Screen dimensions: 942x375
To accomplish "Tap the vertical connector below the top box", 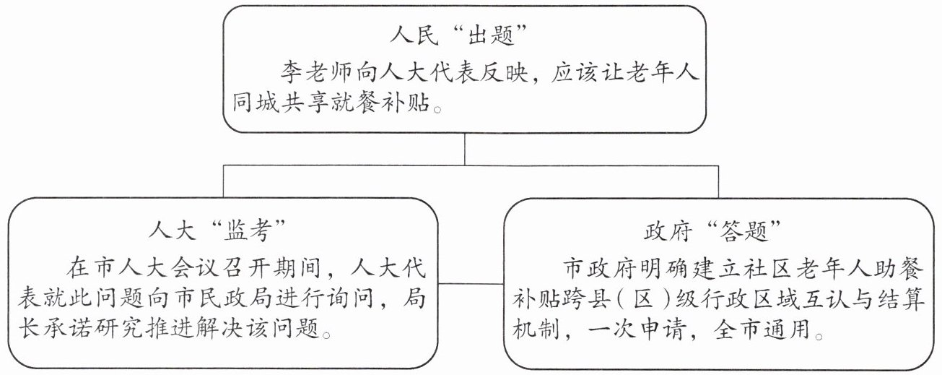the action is coord(464,150).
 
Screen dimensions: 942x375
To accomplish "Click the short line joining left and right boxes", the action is coord(464,282).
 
